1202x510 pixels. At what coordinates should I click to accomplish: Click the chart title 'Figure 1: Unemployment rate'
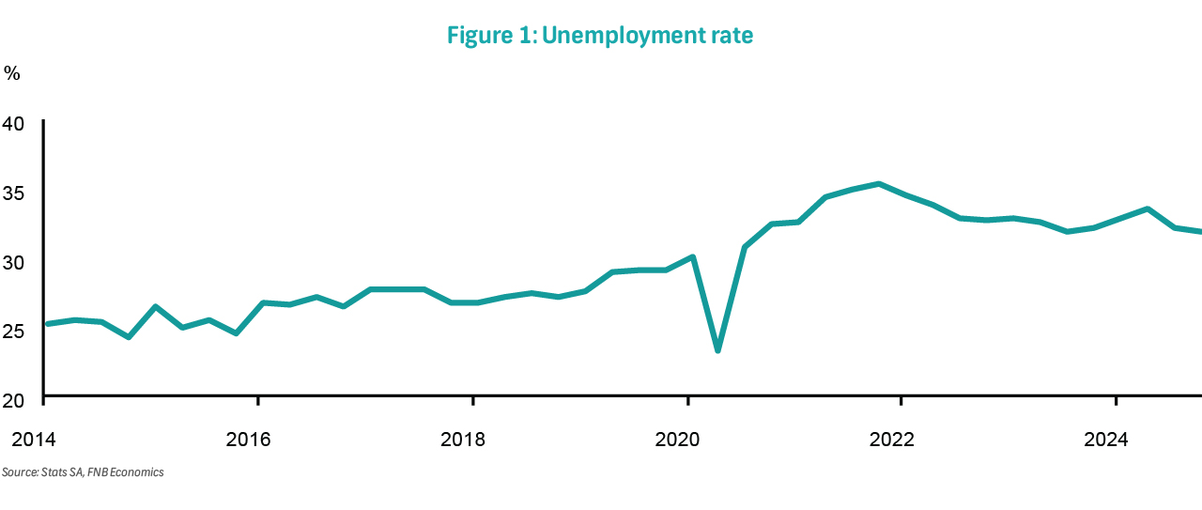(600, 36)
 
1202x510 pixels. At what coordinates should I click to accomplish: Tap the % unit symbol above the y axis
(11, 73)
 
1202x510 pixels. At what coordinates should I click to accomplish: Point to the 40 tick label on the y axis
(15, 123)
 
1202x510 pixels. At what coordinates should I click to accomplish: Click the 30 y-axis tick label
(15, 261)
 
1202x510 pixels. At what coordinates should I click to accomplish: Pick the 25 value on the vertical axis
(15, 331)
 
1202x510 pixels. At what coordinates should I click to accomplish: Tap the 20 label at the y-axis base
(15, 400)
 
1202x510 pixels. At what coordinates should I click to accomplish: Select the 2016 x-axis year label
(248, 438)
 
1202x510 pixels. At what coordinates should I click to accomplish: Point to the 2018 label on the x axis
(463, 438)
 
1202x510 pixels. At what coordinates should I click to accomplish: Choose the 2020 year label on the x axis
(678, 438)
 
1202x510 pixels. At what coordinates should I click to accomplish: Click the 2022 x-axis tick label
(892, 438)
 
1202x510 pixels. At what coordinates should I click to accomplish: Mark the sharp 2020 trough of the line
(717, 350)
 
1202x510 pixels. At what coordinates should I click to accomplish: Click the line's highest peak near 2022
(878, 184)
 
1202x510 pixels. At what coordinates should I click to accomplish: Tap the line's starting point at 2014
(47, 324)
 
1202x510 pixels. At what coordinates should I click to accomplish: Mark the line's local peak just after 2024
(1148, 209)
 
